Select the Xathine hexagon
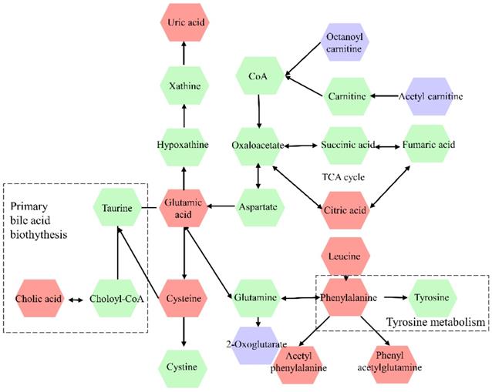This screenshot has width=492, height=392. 183,86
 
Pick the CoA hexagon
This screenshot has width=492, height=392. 259,77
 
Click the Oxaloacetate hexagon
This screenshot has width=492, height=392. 259,144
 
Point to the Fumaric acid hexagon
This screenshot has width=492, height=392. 430,144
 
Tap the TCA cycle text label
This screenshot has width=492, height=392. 343,177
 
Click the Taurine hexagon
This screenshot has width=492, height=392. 118,208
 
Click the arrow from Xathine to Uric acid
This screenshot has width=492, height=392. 183,56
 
